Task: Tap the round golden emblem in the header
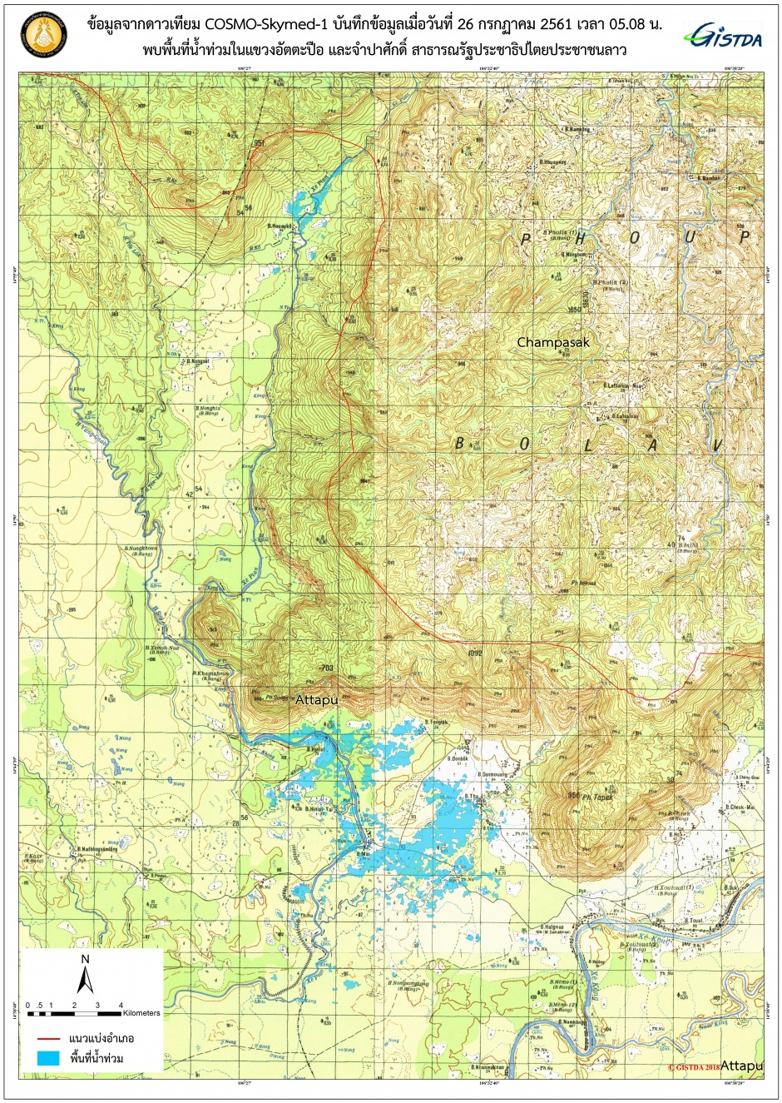pos(42,36)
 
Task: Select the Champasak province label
pos(553,342)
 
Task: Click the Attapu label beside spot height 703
pos(316,700)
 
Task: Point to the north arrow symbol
pos(85,975)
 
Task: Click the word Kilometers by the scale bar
pos(141,1013)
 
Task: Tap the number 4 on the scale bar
pos(121,1006)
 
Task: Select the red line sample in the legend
pos(49,1039)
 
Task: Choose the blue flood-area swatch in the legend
pos(49,1059)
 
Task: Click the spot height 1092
pos(475,653)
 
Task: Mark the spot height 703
pos(326,668)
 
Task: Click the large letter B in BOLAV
pos(459,445)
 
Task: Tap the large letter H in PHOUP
pos(580,238)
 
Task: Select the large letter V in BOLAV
pos(715,445)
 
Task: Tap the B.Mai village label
pos(364,854)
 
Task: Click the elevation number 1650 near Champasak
pos(572,310)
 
